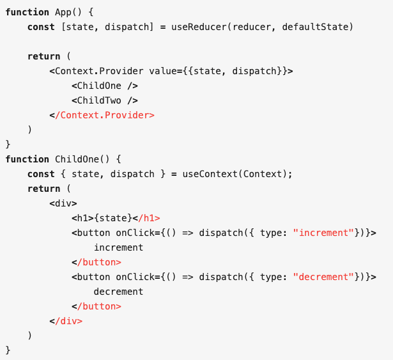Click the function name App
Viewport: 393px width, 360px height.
[x=63, y=12]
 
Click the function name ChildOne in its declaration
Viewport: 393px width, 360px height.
[x=77, y=159]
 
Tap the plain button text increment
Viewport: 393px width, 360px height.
[x=118, y=247]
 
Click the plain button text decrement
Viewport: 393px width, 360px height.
[x=118, y=292]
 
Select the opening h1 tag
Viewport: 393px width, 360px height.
[x=82, y=218]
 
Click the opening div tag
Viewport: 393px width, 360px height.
[x=63, y=203]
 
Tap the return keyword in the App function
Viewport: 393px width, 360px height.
[x=44, y=56]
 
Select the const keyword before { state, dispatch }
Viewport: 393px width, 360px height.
[x=41, y=174]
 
